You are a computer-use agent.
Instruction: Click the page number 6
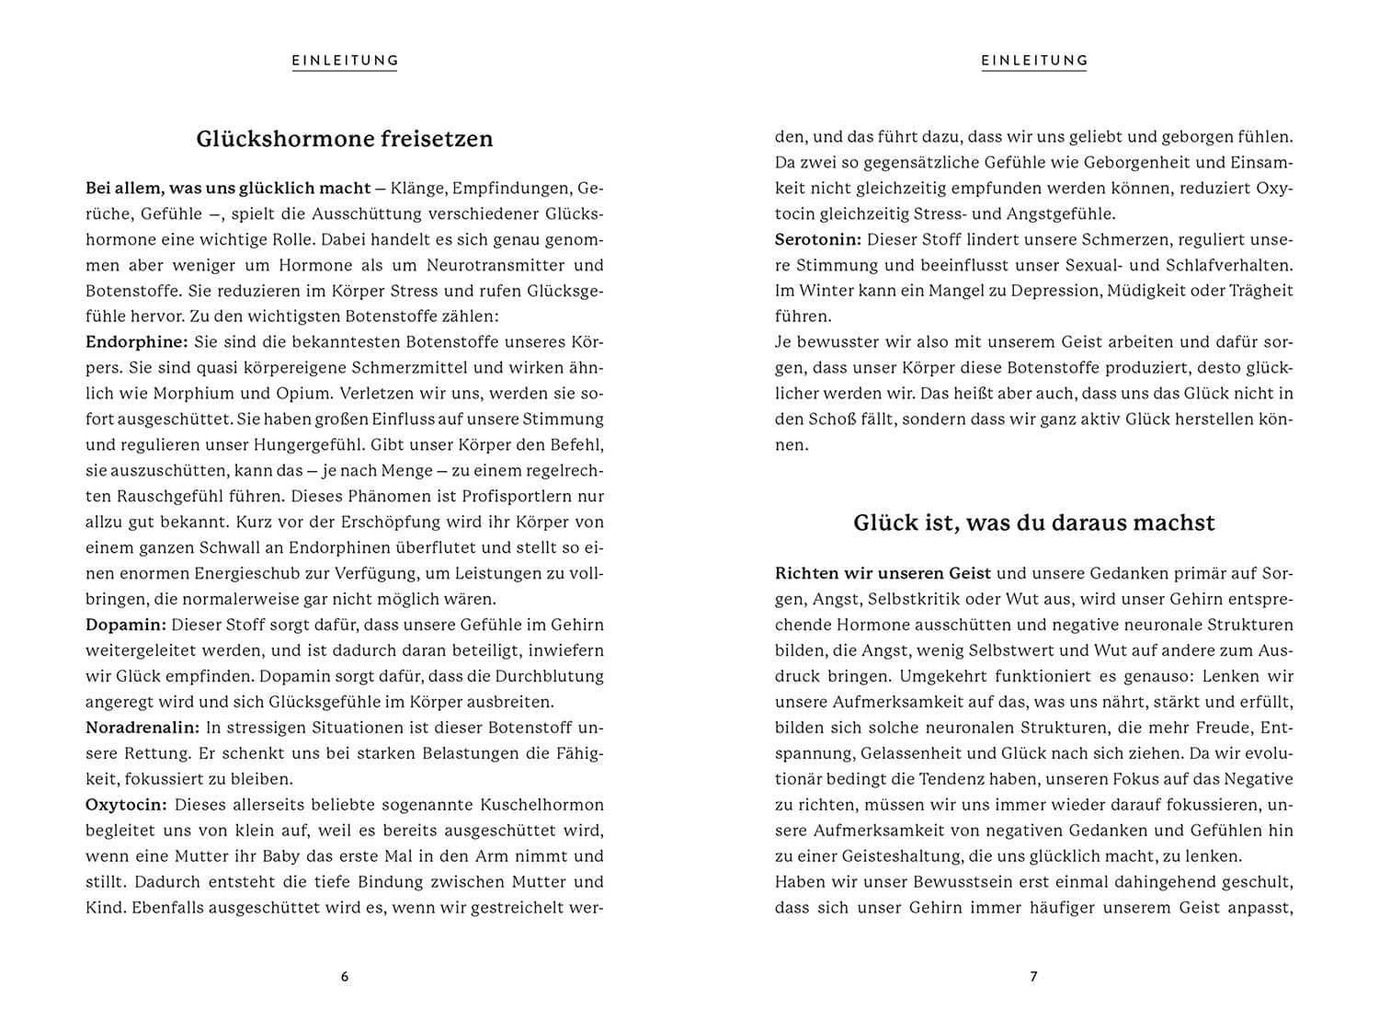click(345, 977)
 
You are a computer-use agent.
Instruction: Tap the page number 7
click(1033, 977)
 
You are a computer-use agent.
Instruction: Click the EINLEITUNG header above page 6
click(345, 61)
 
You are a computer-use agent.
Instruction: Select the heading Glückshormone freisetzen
click(345, 139)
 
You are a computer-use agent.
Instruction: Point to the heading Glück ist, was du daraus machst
click(1033, 522)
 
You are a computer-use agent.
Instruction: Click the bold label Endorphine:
click(136, 342)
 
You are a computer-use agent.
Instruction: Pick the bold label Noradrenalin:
click(142, 728)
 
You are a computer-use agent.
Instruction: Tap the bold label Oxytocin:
click(126, 805)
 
